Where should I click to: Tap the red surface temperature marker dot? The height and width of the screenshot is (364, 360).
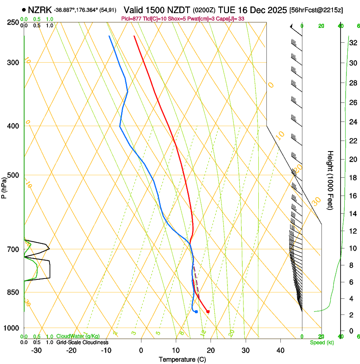coord(208,312)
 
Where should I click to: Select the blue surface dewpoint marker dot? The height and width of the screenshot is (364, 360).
coord(196,312)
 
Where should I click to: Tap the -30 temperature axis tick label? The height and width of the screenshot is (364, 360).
coord(36,350)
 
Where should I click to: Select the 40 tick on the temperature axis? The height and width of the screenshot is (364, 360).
coord(280,350)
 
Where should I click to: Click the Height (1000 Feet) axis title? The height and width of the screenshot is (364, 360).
coord(330,180)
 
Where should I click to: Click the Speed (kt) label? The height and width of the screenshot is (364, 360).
coord(321,342)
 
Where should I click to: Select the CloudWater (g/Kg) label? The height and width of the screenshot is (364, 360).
coord(78,336)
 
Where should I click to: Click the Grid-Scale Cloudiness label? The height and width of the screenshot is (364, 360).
coord(82,342)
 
